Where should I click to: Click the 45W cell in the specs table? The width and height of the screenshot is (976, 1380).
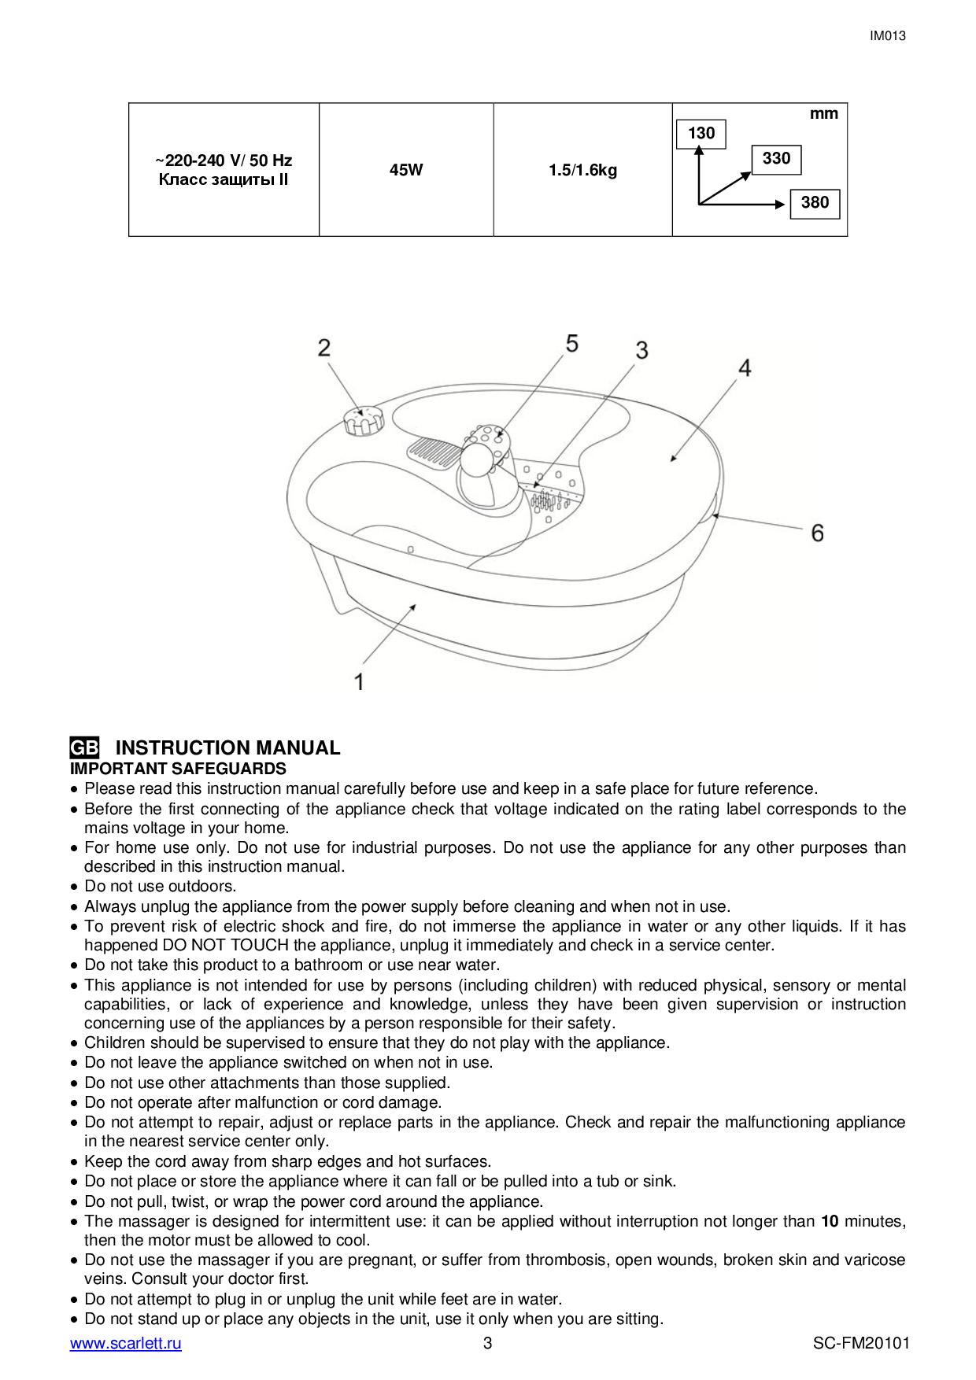coord(406,169)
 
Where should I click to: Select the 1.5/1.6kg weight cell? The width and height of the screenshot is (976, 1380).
coord(583,169)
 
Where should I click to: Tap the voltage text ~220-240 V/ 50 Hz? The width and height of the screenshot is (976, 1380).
coord(224,161)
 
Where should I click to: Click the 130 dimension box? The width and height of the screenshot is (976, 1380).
coord(701,134)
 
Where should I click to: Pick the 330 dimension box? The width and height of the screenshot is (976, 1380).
coord(776,159)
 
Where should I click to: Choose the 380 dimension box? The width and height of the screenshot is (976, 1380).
coord(815,203)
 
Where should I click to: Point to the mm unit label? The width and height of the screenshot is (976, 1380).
coord(824,114)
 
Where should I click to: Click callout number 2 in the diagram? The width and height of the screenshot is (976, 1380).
coord(324,348)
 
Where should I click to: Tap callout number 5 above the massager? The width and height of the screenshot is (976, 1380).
coord(571,343)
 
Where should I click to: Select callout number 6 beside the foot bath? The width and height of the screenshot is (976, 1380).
coord(817,533)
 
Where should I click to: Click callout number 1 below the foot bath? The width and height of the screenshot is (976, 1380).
coord(359,681)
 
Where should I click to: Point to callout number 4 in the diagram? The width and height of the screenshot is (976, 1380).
coord(744,367)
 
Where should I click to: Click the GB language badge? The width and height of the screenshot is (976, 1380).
coord(84,747)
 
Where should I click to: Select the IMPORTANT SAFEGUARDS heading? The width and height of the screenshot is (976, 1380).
coord(178,769)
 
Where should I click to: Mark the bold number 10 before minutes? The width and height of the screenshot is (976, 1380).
coord(830,1221)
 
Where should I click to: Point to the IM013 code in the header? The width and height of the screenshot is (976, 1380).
coord(888,35)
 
